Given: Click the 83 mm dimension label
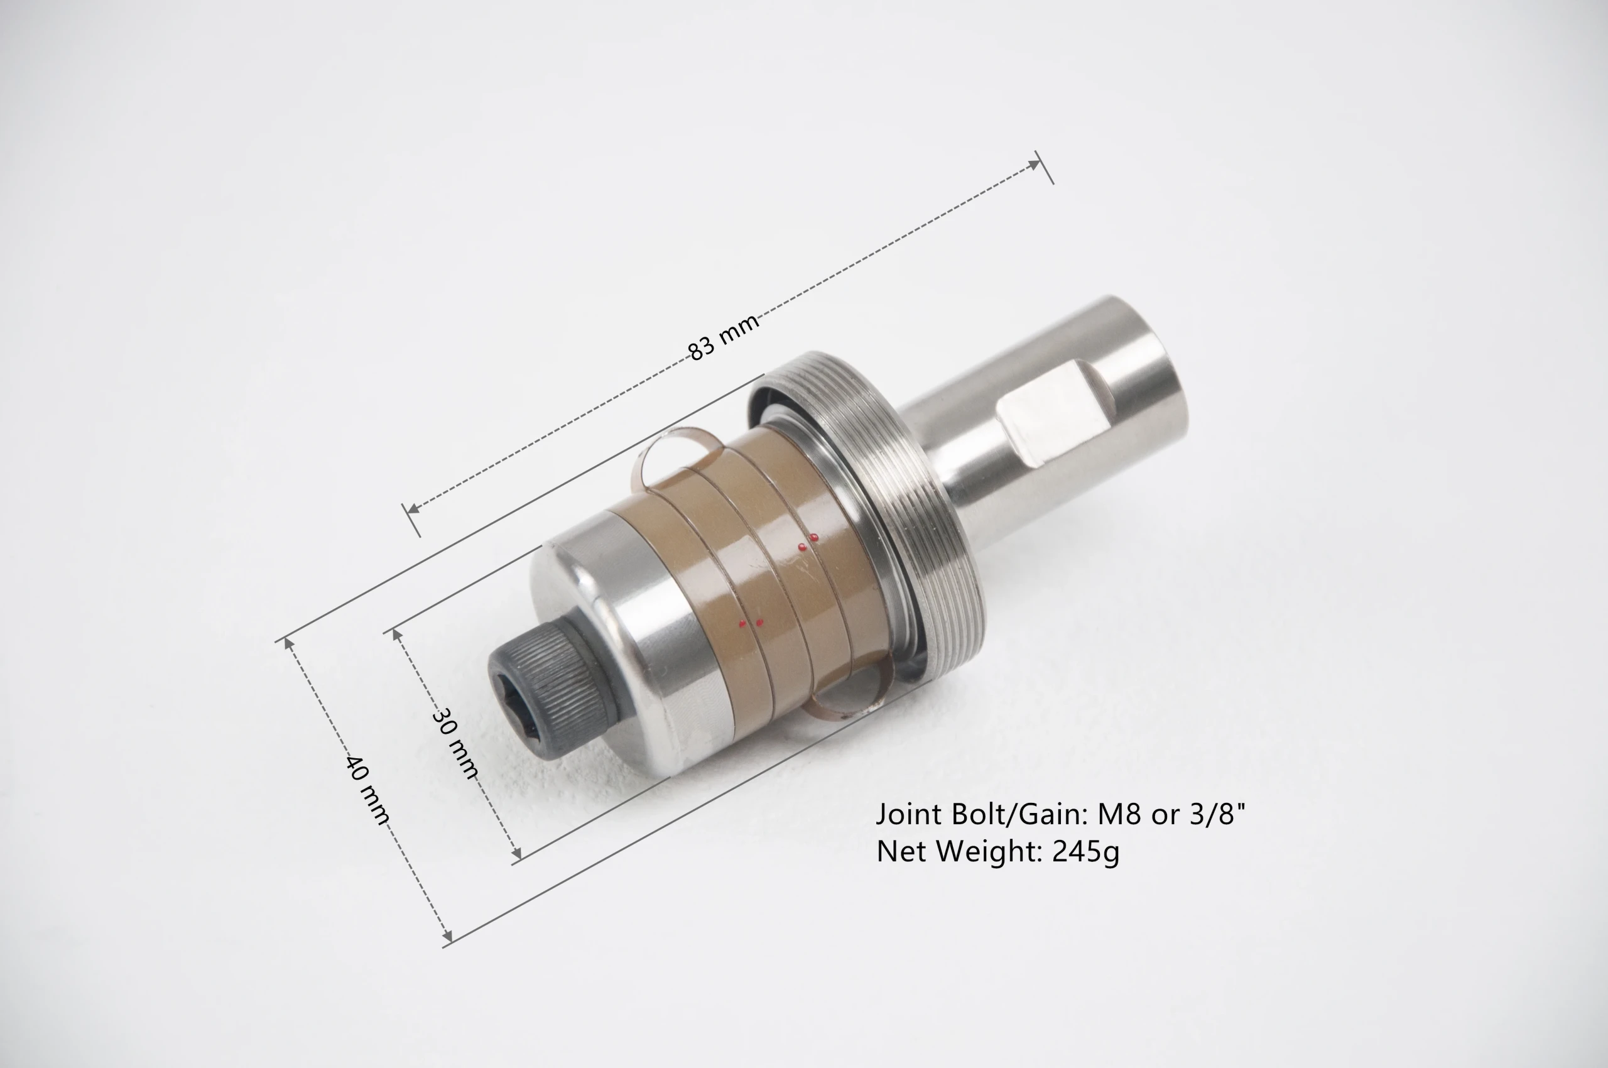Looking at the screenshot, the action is pos(724,337).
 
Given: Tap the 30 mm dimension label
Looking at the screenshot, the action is pos(455,743).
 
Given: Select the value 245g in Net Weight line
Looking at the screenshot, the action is pos(1085,852).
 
